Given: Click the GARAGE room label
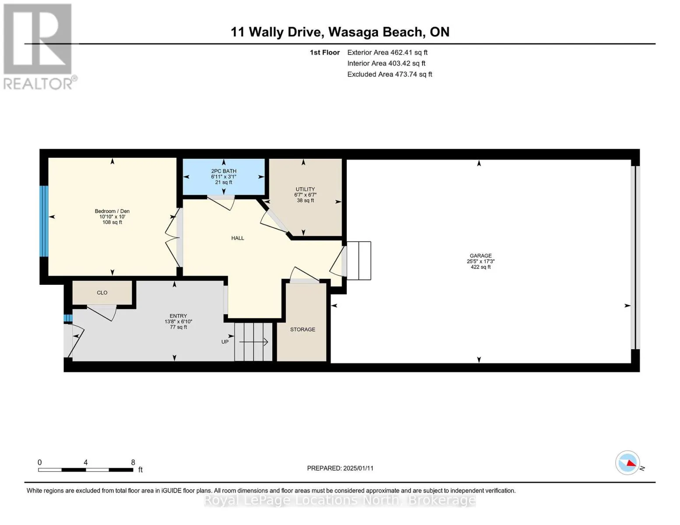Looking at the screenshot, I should tap(480, 255).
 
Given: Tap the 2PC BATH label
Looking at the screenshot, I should tap(224, 171).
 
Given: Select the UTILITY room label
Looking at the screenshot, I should tap(305, 189).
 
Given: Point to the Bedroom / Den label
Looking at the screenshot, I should tap(112, 211).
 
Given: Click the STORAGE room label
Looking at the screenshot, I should tap(303, 329).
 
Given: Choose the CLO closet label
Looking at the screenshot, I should tap(102, 293).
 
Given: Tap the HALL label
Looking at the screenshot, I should tap(238, 238).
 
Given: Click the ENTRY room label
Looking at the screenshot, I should tap(178, 316).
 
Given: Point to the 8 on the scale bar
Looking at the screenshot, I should tap(133, 462).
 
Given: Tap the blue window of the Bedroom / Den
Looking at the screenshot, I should tap(44, 221).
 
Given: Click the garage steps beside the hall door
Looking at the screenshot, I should tap(359, 260).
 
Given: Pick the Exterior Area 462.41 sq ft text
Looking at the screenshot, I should tap(387, 52).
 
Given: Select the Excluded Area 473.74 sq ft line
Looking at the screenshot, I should tap(389, 74).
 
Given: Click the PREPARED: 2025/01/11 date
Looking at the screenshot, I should tap(340, 468).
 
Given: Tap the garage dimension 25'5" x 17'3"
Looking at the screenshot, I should tap(480, 261).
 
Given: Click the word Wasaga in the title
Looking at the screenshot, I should tap(354, 32).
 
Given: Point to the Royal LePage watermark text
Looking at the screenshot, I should tap(340, 500).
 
